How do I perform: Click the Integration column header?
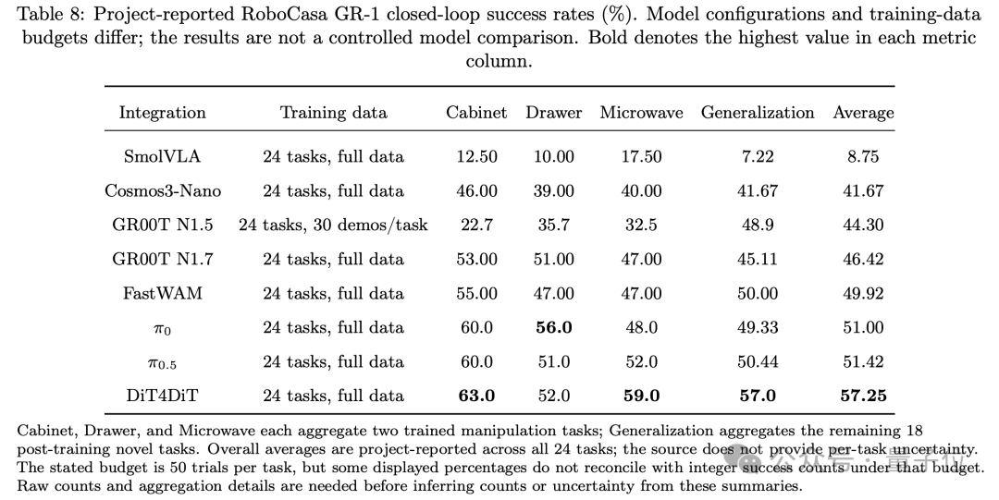pyautogui.click(x=163, y=114)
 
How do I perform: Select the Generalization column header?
pyautogui.click(x=758, y=113)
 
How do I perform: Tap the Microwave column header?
pyautogui.click(x=641, y=113)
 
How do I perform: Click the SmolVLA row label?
pyautogui.click(x=163, y=157)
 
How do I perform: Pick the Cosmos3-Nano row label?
pyautogui.click(x=163, y=191)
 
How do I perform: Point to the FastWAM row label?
pyautogui.click(x=163, y=294)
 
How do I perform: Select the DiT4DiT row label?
pyautogui.click(x=163, y=396)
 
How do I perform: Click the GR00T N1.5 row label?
pyautogui.click(x=163, y=225)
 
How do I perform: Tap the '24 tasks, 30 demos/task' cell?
pyautogui.click(x=333, y=226)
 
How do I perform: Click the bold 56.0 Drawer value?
pyautogui.click(x=554, y=328)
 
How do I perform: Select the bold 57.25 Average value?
pyautogui.click(x=863, y=396)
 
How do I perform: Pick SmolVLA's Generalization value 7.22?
pyautogui.click(x=758, y=157)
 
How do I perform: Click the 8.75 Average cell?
pyautogui.click(x=863, y=157)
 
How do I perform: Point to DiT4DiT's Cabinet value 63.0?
pyautogui.click(x=476, y=396)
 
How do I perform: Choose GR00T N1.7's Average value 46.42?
pyautogui.click(x=863, y=259)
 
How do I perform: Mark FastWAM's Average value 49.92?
pyautogui.click(x=863, y=294)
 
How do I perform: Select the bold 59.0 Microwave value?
pyautogui.click(x=641, y=396)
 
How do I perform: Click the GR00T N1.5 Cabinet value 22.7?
pyautogui.click(x=476, y=225)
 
